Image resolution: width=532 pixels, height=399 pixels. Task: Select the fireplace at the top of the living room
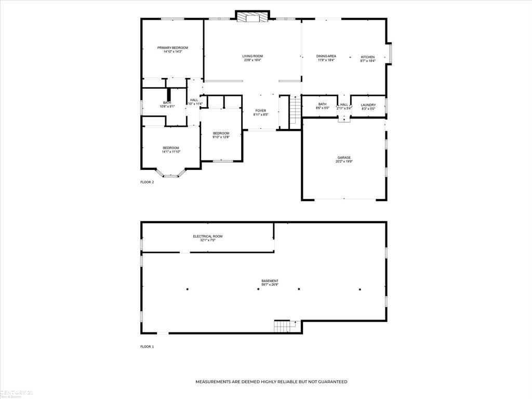pyautogui.click(x=252, y=18)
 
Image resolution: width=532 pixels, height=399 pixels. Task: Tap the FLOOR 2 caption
pyautogui.click(x=147, y=182)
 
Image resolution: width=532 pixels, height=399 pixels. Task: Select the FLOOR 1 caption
pyautogui.click(x=147, y=347)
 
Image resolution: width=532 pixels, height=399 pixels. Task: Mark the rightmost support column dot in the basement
pyautogui.click(x=360, y=289)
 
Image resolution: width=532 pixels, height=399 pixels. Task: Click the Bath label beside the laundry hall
pyautogui.click(x=322, y=104)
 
